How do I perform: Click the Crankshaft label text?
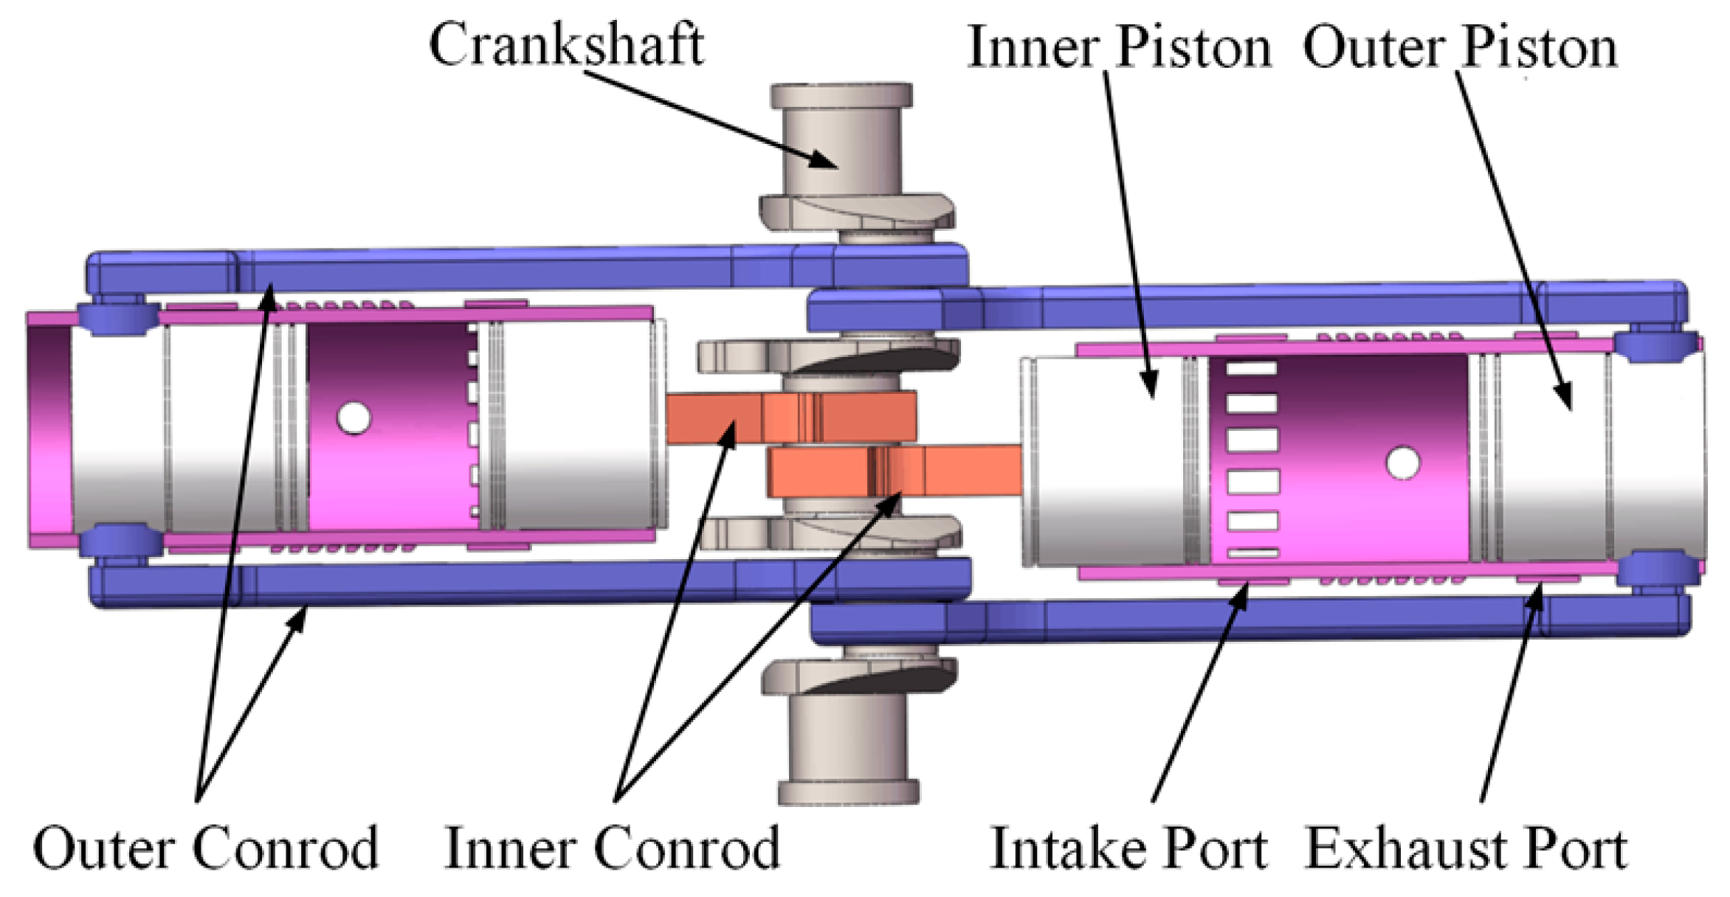(x=566, y=46)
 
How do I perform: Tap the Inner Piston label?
(x=1119, y=48)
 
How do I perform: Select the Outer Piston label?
(x=1460, y=48)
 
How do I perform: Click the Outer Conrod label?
(x=205, y=849)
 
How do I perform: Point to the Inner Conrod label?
(x=612, y=849)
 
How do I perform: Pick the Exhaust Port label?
(x=1466, y=849)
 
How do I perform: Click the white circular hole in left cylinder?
(x=354, y=418)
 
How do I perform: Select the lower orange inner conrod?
(x=893, y=471)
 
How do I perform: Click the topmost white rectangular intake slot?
(x=1252, y=368)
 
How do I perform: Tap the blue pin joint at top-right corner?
(x=1655, y=345)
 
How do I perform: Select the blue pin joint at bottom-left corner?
(x=118, y=540)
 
